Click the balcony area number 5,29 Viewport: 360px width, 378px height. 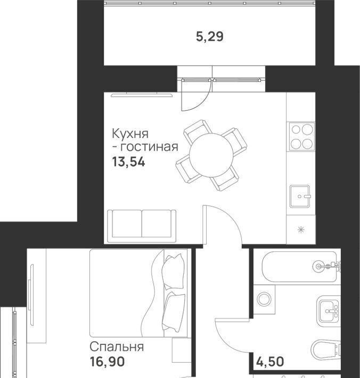[210, 37]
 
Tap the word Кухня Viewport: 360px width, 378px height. [130, 134]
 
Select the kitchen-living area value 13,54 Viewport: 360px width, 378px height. [128, 162]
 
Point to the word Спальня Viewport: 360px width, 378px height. [117, 347]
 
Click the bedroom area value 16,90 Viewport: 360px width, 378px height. [107, 361]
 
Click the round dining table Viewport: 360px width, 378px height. [211, 155]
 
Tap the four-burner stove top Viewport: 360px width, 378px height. [301, 137]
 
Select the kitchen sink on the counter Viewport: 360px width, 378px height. [300, 196]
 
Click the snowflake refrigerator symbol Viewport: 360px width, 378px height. [301, 229]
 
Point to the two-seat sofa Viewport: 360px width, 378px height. [142, 226]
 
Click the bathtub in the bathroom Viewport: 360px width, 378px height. [299, 267]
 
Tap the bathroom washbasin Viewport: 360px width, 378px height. [329, 311]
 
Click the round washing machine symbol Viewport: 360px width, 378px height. [264, 299]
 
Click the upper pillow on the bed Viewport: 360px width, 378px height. [173, 271]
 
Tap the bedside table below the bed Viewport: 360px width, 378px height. [181, 350]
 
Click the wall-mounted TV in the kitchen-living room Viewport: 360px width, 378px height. [142, 95]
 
